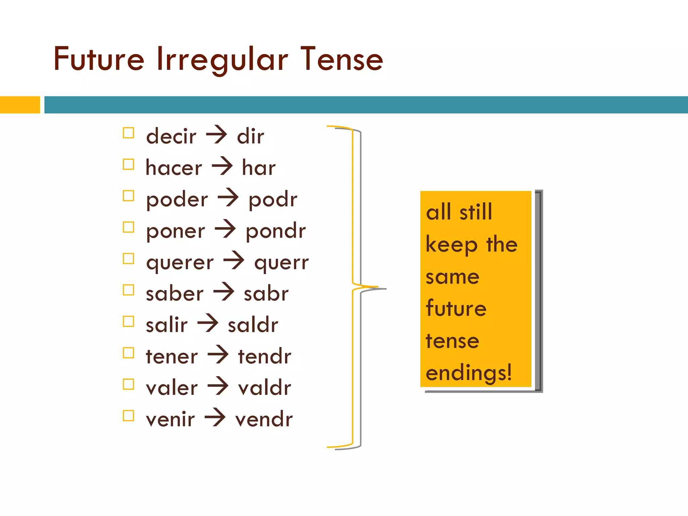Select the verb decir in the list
(171, 136)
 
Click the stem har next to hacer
(259, 168)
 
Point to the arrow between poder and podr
(228, 197)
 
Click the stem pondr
(276, 231)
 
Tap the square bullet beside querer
(128, 259)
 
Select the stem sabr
(266, 294)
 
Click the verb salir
(167, 325)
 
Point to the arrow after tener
(218, 354)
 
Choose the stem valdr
(264, 388)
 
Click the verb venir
(170, 419)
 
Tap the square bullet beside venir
(128, 416)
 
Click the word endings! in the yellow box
(469, 373)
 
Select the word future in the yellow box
(456, 308)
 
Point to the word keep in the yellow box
(451, 245)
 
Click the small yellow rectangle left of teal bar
(20, 105)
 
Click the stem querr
(281, 263)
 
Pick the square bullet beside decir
(128, 133)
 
